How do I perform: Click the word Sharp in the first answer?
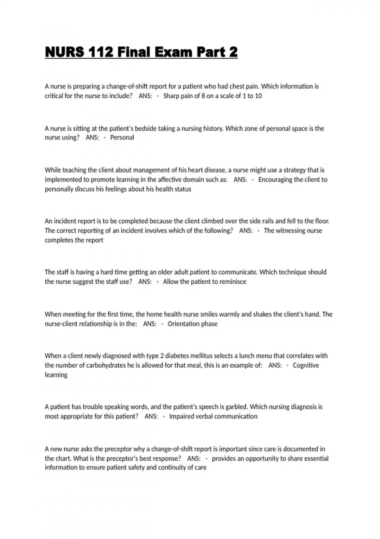(x=171, y=96)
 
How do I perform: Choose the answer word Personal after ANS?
(x=122, y=138)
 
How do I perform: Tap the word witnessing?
(x=290, y=231)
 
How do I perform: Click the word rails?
(x=267, y=221)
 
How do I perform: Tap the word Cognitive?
(x=306, y=365)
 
